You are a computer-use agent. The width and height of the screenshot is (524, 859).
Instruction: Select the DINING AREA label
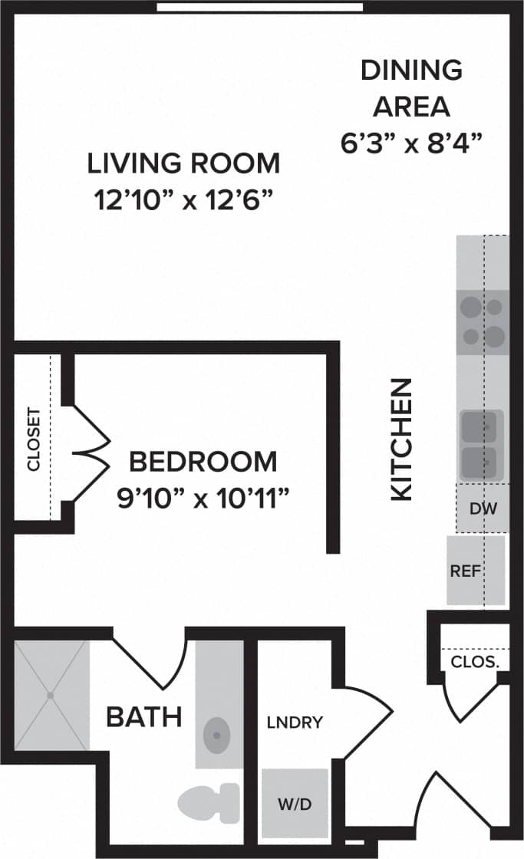pyautogui.click(x=411, y=88)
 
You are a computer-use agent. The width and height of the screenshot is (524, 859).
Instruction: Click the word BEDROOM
pyautogui.click(x=203, y=462)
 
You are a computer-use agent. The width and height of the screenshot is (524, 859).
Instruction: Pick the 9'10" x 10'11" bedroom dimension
pyautogui.click(x=203, y=499)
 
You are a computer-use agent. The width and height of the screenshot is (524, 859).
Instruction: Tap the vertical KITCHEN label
pyautogui.click(x=402, y=439)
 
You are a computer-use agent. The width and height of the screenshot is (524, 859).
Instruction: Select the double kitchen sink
pyautogui.click(x=482, y=446)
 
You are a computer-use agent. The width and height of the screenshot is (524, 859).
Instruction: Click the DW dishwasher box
pyautogui.click(x=482, y=508)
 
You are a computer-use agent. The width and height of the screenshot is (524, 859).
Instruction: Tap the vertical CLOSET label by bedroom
pyautogui.click(x=33, y=444)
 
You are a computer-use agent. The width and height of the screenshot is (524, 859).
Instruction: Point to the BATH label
pyautogui.click(x=143, y=718)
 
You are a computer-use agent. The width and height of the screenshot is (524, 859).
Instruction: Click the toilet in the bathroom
pyautogui.click(x=209, y=802)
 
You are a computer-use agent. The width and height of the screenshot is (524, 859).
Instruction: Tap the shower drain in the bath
pyautogui.click(x=51, y=696)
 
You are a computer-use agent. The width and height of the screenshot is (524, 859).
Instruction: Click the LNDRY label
pyautogui.click(x=295, y=722)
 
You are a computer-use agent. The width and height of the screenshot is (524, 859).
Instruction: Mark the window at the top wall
pyautogui.click(x=260, y=7)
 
